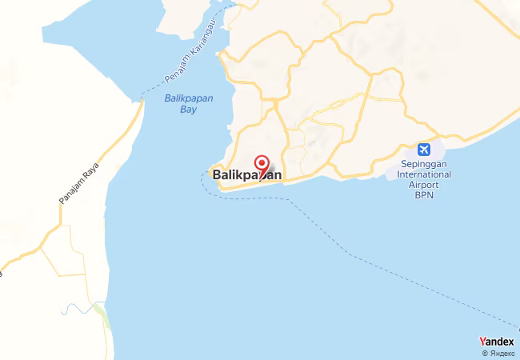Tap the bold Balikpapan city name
[x=246, y=174]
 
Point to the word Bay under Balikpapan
[x=188, y=110]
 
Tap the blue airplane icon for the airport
[x=423, y=150]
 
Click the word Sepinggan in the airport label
[x=426, y=165]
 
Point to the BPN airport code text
[x=424, y=194]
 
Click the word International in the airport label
[x=426, y=174]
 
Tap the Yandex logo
[x=497, y=342]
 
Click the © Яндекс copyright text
[x=497, y=353]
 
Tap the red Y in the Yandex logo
[x=482, y=342]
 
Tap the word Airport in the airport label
[x=425, y=185]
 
